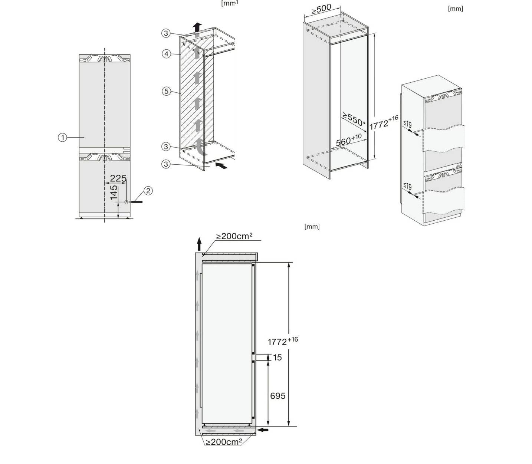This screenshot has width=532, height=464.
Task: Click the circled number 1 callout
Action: pos(63,138)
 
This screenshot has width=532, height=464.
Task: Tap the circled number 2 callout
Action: pos(148,191)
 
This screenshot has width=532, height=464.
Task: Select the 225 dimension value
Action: pos(118,178)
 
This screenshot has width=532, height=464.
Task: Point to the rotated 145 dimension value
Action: pos(114,192)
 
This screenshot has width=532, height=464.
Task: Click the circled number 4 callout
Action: pos(166,54)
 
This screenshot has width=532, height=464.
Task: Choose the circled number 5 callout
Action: pos(166,91)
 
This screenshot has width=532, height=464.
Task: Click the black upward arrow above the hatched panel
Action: pos(197,27)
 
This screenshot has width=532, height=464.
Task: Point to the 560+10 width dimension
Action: pos(348,140)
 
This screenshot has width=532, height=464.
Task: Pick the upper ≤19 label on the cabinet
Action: pos(407,124)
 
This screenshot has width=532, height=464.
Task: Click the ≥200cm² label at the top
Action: pos(234,236)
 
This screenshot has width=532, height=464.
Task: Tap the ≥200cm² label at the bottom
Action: pos(224,442)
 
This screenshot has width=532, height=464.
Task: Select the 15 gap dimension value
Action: pos(277,358)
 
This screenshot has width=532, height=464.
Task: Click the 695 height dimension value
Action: pos(278,396)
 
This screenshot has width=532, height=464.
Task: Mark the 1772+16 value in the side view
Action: pos(282,341)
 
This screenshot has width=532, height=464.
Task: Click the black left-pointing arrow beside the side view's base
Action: pos(263,430)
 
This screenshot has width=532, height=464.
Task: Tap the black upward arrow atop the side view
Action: pos(199,244)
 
